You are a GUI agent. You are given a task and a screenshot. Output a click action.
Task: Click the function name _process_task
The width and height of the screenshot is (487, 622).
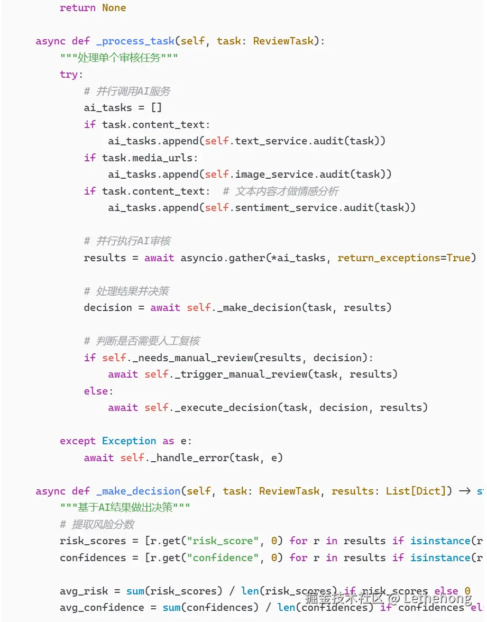(x=135, y=41)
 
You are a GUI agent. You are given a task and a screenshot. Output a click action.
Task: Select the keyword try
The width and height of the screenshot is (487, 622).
(x=69, y=74)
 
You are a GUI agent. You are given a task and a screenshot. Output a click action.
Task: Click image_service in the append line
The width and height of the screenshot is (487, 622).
(x=268, y=174)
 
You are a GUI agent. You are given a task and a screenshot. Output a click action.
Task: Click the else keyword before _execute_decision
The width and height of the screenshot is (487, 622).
(x=96, y=391)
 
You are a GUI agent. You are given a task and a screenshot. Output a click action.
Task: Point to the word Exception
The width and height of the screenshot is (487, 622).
(x=129, y=441)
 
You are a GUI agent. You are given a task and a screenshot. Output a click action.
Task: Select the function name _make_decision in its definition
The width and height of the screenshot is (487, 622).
(x=138, y=491)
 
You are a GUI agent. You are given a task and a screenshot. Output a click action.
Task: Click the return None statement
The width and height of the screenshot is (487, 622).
(x=93, y=7)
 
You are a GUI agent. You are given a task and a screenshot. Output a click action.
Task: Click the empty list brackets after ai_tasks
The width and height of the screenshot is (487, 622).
(x=156, y=107)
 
